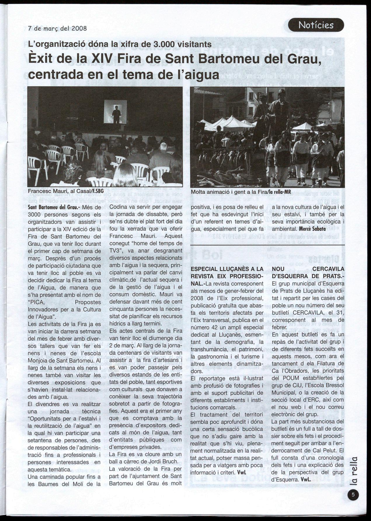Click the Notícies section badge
click(x=316, y=25)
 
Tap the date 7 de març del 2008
click(x=58, y=29)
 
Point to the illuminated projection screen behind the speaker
click(x=116, y=112)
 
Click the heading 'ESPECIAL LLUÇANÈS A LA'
click(x=227, y=269)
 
